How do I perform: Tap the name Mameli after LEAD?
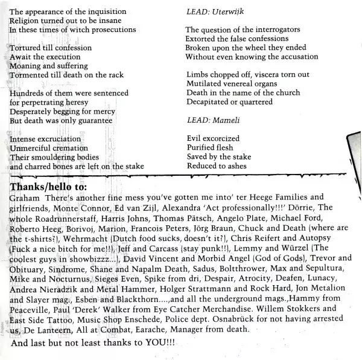[x=218, y=120]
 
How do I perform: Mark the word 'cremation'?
[x=71, y=148]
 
